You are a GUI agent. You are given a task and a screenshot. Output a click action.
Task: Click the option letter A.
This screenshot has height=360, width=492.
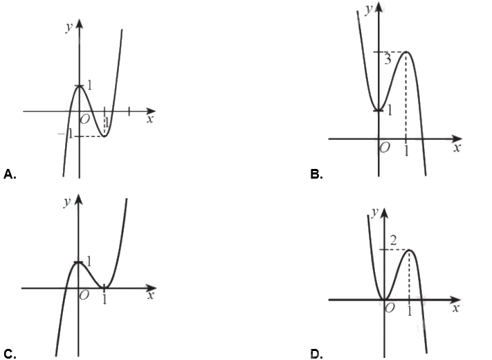tap(10, 174)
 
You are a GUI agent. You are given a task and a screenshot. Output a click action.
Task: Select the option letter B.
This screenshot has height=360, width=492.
tap(316, 174)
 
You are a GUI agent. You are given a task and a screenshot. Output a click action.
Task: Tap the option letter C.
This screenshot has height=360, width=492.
tap(10, 354)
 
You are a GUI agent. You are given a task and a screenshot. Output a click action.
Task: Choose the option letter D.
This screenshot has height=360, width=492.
tap(316, 354)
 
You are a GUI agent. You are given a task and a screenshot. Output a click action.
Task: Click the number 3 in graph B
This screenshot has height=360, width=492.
tap(388, 59)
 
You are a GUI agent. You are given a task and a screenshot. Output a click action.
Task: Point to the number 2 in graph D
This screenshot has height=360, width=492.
tap(393, 240)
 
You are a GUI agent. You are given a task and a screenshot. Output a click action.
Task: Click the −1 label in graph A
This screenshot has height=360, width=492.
tap(66, 134)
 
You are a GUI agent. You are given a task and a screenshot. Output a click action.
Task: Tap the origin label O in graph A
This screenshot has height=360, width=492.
tap(84, 119)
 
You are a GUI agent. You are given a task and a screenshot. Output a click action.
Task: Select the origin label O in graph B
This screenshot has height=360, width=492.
tap(385, 147)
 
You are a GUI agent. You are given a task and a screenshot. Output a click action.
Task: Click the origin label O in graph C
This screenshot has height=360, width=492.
tap(84, 295)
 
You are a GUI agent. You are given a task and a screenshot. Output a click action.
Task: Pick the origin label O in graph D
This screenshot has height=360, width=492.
tap(390, 308)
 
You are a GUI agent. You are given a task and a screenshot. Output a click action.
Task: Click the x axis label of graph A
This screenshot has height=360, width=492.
tap(150, 119)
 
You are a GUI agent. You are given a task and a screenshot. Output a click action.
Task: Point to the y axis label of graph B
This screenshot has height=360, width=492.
tap(369, 10)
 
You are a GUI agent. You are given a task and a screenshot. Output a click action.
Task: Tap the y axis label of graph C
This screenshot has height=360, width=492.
tap(67, 202)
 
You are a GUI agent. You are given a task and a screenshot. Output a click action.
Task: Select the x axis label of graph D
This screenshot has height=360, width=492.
tap(456, 309)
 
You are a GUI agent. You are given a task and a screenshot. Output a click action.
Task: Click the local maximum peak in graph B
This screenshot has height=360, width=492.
tap(407, 52)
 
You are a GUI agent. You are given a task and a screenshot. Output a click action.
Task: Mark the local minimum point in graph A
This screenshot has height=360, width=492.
tap(104, 136)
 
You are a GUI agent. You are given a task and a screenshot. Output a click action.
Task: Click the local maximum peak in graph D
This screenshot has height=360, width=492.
tap(409, 250)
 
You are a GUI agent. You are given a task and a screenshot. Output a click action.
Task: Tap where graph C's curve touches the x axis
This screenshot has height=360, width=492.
tap(104, 288)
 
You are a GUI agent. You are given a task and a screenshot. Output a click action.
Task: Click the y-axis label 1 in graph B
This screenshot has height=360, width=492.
tap(390, 110)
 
